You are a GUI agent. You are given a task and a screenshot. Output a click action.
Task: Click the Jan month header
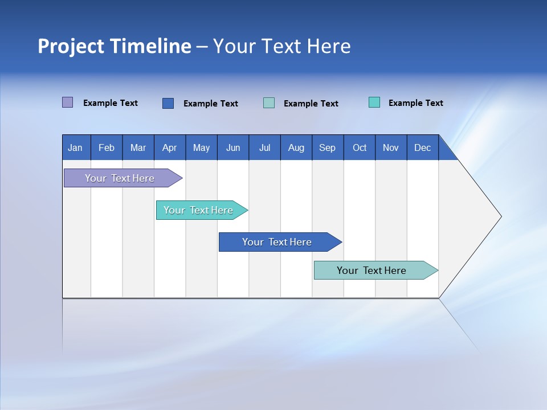pos(76,147)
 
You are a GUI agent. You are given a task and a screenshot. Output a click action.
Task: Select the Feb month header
pos(107,147)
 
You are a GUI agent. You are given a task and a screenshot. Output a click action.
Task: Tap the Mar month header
pos(138,147)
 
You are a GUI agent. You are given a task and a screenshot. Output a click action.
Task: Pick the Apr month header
pos(170,147)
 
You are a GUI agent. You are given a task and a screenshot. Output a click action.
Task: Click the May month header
pos(201,147)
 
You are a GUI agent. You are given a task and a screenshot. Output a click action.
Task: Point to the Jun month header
pos(233,147)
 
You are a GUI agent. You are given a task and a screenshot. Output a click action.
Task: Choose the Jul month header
pos(264,147)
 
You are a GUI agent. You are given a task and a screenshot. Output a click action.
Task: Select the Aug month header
pos(296,147)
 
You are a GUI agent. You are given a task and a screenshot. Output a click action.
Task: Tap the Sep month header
pos(328,147)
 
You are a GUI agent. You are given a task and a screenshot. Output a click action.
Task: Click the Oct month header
pos(360,147)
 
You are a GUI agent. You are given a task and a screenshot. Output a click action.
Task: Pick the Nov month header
pos(391,147)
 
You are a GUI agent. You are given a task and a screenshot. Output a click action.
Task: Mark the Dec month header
pos(423,147)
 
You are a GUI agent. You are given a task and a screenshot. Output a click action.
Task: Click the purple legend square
pos(68,102)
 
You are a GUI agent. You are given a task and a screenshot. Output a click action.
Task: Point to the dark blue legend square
pos(168,103)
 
